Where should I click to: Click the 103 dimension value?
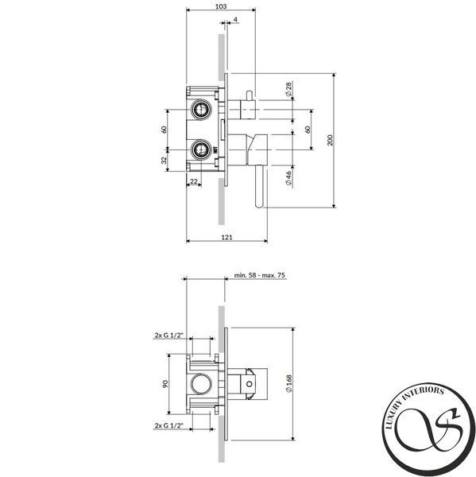tap(221, 6)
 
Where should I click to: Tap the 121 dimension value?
tap(226, 237)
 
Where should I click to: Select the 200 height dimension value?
tap(331, 140)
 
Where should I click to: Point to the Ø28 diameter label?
tap(288, 89)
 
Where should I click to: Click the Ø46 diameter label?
tap(288, 178)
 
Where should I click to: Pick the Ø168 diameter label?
tap(289, 383)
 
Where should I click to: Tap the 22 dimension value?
tap(193, 181)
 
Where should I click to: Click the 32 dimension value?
tap(164, 160)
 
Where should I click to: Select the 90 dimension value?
tap(165, 384)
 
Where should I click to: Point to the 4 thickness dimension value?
tap(235, 20)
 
